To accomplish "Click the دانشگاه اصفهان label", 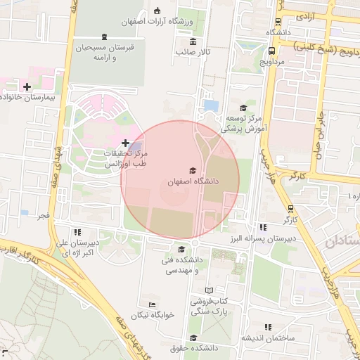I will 193,181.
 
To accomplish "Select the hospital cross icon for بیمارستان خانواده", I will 27,86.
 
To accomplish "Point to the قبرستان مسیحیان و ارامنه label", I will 105,51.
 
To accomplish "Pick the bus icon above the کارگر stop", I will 290,209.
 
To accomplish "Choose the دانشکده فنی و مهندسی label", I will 181,265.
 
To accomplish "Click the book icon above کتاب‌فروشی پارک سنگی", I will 208,290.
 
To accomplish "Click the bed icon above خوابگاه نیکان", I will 151,304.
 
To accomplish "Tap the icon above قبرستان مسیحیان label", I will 105,37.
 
